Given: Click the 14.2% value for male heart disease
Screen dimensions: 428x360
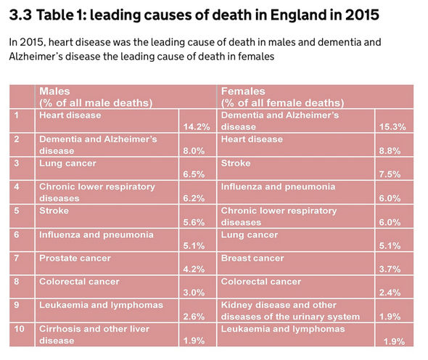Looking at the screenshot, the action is (197, 127).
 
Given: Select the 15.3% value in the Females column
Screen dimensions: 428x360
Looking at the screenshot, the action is (392, 127).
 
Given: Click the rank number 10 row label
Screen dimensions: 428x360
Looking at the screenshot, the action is (19, 329).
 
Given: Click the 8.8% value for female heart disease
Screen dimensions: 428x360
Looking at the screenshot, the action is (390, 151).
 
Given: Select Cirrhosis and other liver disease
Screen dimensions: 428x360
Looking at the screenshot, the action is (94, 335).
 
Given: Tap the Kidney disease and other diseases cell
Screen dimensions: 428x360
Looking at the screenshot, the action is (290, 311).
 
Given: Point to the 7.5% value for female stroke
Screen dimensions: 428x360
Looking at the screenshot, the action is (390, 174).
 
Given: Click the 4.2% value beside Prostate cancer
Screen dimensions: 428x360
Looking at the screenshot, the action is (194, 269).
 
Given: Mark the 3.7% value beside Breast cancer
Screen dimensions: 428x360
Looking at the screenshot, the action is (390, 269).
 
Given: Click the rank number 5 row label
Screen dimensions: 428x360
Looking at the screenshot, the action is (17, 210).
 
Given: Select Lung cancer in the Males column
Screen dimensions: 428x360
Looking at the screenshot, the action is (67, 163).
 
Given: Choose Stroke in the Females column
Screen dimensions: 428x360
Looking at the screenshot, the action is (236, 163).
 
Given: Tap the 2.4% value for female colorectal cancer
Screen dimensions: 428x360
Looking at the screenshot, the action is (390, 292).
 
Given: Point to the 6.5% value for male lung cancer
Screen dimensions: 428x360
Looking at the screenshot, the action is (194, 174).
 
